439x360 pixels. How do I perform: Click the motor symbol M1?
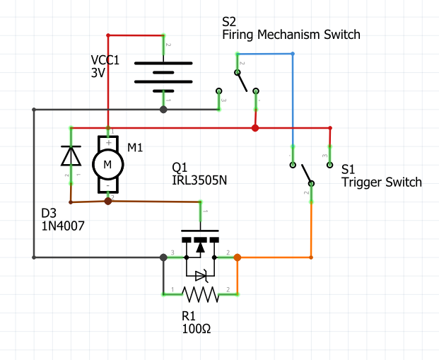(x=108, y=163)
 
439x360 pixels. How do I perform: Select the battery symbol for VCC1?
(x=163, y=71)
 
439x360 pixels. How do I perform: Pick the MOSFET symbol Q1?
(x=200, y=248)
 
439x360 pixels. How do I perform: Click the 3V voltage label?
(x=99, y=73)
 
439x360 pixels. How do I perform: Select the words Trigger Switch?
(x=381, y=182)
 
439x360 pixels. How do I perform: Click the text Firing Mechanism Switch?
(x=291, y=34)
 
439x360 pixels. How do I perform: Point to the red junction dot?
(x=255, y=128)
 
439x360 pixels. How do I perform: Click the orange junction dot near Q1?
(x=238, y=257)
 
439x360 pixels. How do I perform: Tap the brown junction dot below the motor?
(x=108, y=201)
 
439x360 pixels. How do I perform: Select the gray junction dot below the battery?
(x=163, y=110)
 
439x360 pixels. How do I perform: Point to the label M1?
(x=135, y=147)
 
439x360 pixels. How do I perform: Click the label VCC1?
(x=105, y=60)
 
